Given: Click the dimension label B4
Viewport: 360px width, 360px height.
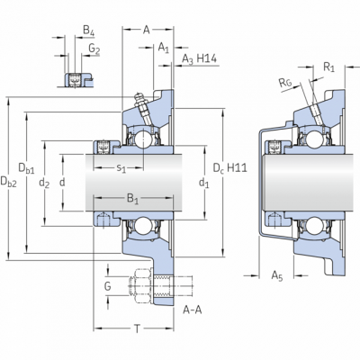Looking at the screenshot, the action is click(88, 31).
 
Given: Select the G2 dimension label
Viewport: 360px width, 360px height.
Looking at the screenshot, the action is click(94, 49).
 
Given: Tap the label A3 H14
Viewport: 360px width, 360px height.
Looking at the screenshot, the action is click(199, 59).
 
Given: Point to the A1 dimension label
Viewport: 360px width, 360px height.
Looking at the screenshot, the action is click(164, 48).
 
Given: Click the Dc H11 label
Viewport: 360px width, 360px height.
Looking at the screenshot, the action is click(230, 168).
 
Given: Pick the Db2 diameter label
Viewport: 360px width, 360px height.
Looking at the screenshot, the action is click(8, 182).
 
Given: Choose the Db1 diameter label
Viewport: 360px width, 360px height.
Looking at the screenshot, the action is click(26, 168).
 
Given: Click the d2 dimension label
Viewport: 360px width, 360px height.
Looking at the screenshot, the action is click(44, 183).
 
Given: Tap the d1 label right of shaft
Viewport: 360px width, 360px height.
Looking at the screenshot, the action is click(204, 183).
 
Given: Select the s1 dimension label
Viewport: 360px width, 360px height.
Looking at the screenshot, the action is click(121, 168).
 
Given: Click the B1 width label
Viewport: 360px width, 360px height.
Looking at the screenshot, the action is click(132, 199).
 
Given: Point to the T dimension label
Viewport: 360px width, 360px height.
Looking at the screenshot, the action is click(137, 328).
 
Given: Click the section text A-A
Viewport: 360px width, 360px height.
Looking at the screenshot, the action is click(193, 310).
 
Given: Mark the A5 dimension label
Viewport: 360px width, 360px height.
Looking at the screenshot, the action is click(277, 275).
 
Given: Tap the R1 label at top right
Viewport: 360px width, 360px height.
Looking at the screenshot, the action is click(328, 67).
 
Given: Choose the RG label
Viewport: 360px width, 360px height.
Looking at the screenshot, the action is click(285, 82).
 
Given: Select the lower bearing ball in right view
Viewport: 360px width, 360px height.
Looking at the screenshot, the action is click(313, 226).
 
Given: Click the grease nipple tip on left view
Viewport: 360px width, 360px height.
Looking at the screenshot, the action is click(138, 96).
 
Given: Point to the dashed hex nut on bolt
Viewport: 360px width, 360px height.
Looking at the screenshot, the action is click(142, 286).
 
